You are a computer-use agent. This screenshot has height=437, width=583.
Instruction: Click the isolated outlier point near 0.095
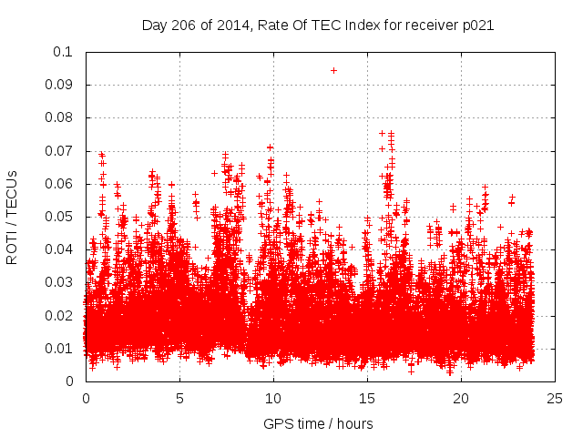point(333,70)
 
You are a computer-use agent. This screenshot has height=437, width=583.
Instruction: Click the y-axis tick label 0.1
point(64,52)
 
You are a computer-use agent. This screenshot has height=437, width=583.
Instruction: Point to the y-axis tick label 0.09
point(60,85)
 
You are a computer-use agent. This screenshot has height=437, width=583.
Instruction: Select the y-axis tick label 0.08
point(60,117)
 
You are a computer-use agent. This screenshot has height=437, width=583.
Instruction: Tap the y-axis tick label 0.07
point(60,151)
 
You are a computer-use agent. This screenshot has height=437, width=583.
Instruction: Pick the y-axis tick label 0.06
point(60,184)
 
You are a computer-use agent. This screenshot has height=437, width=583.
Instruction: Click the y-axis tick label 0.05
point(60,217)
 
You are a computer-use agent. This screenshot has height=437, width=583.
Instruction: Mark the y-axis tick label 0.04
point(60,249)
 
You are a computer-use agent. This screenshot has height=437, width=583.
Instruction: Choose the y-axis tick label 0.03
point(60,282)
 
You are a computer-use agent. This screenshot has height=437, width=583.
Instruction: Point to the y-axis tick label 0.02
point(60,316)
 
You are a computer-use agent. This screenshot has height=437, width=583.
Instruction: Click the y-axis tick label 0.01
point(60,349)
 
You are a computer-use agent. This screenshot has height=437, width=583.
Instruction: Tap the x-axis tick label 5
point(179,399)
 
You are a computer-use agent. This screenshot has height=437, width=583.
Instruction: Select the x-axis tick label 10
point(273,399)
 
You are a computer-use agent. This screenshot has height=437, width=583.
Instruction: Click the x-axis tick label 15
point(367,399)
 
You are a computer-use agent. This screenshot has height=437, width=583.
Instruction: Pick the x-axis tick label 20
point(461,399)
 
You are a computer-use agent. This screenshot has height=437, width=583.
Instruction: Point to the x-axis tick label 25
point(555,399)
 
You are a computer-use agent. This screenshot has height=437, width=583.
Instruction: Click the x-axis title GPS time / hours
point(318,423)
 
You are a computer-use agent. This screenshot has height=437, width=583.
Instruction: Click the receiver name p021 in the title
point(477,25)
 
